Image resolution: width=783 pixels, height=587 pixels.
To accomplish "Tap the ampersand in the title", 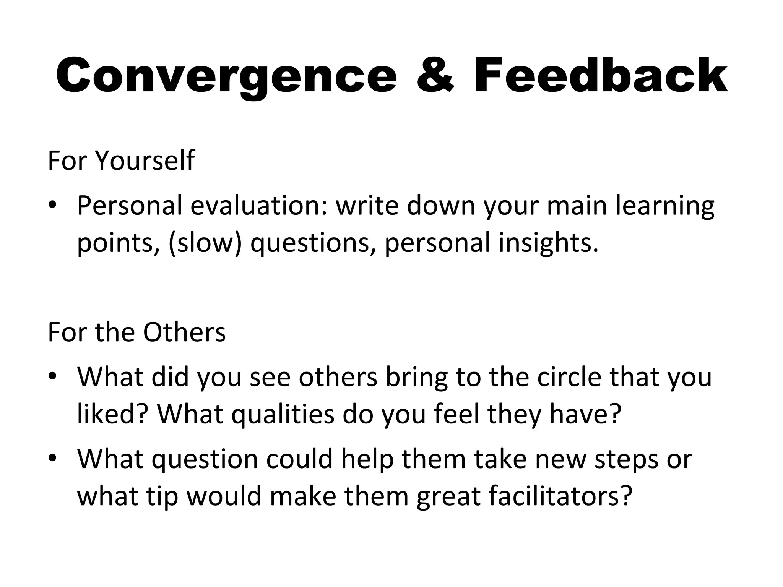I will pos(435,76).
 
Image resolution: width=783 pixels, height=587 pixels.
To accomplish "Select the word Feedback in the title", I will pos(600,76).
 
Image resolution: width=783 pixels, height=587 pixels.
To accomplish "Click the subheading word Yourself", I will pos(145,161).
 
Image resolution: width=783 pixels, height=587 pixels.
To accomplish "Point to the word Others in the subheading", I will pos(184,332).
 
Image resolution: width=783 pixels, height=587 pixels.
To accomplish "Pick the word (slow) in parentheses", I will pos(205,243).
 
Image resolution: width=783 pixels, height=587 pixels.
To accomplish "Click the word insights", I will pos(548,243).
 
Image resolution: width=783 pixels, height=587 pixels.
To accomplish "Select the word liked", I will pos(111,414).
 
